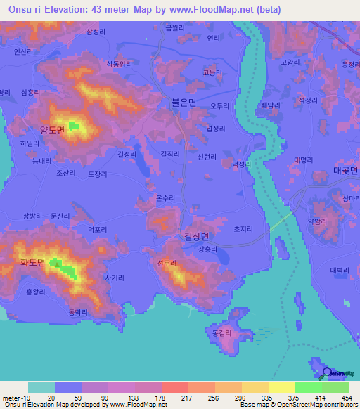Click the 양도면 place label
point(51,129)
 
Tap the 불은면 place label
point(184,102)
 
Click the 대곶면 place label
point(346,171)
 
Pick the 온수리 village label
point(165,198)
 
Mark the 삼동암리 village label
point(119,64)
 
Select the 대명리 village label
point(304,160)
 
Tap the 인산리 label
point(23,51)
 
